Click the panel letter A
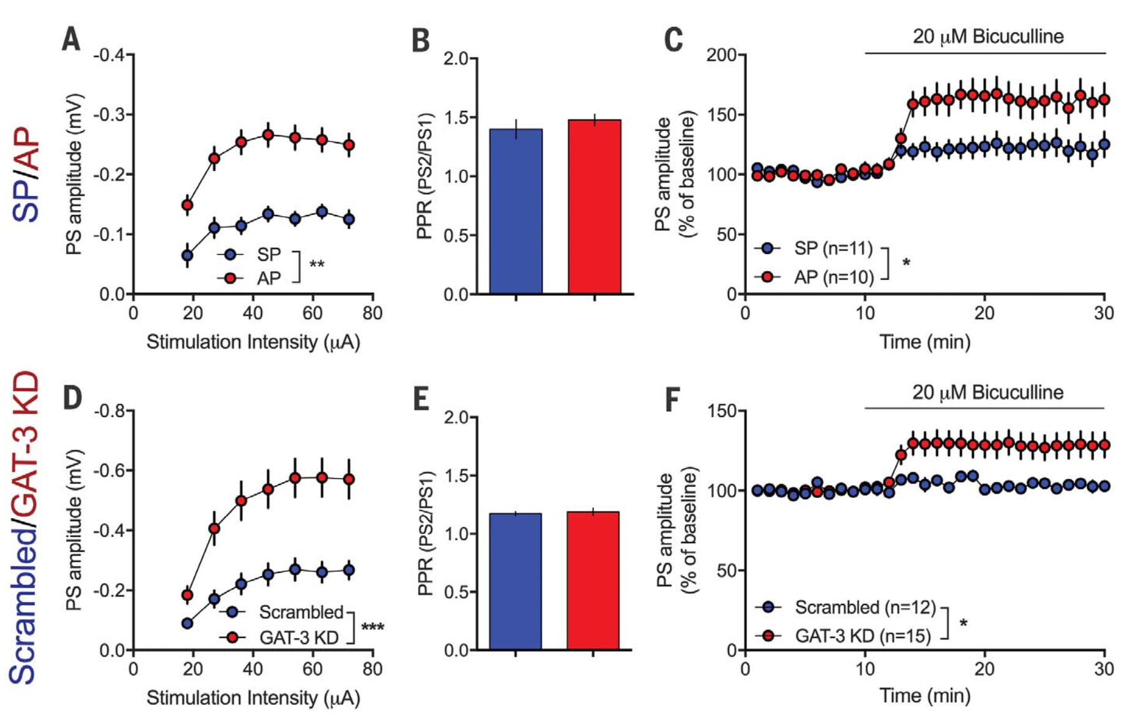pos(71,40)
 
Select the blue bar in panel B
pos(516,211)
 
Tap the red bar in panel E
pos(593,580)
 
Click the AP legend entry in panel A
pos(268,278)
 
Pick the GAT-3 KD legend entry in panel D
pos(299,638)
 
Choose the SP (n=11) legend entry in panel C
pos(833,248)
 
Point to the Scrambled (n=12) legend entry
pos(865,607)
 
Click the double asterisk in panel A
pos(317,265)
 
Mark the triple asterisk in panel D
pos(373,627)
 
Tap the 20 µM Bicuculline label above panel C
pos(988,37)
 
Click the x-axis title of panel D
pos(253,698)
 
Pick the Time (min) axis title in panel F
pos(925,696)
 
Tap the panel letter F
pos(672,399)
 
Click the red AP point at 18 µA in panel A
pos(187,205)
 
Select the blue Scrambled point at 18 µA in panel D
pos(187,623)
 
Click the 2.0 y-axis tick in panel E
pos(456,418)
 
